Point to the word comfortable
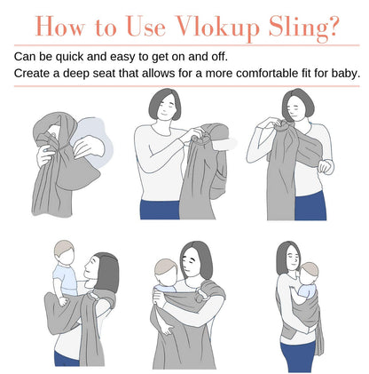(x=271, y=73)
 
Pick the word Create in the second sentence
(x=32, y=73)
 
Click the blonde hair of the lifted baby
(x=63, y=247)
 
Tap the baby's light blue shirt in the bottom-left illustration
(x=66, y=280)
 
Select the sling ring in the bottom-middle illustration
(x=204, y=296)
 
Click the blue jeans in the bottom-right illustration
(x=298, y=356)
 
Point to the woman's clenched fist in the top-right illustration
(x=326, y=166)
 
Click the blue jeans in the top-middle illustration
(x=160, y=210)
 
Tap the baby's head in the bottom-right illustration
(x=309, y=273)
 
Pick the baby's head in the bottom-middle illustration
(x=166, y=271)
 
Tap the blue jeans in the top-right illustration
(x=310, y=206)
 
